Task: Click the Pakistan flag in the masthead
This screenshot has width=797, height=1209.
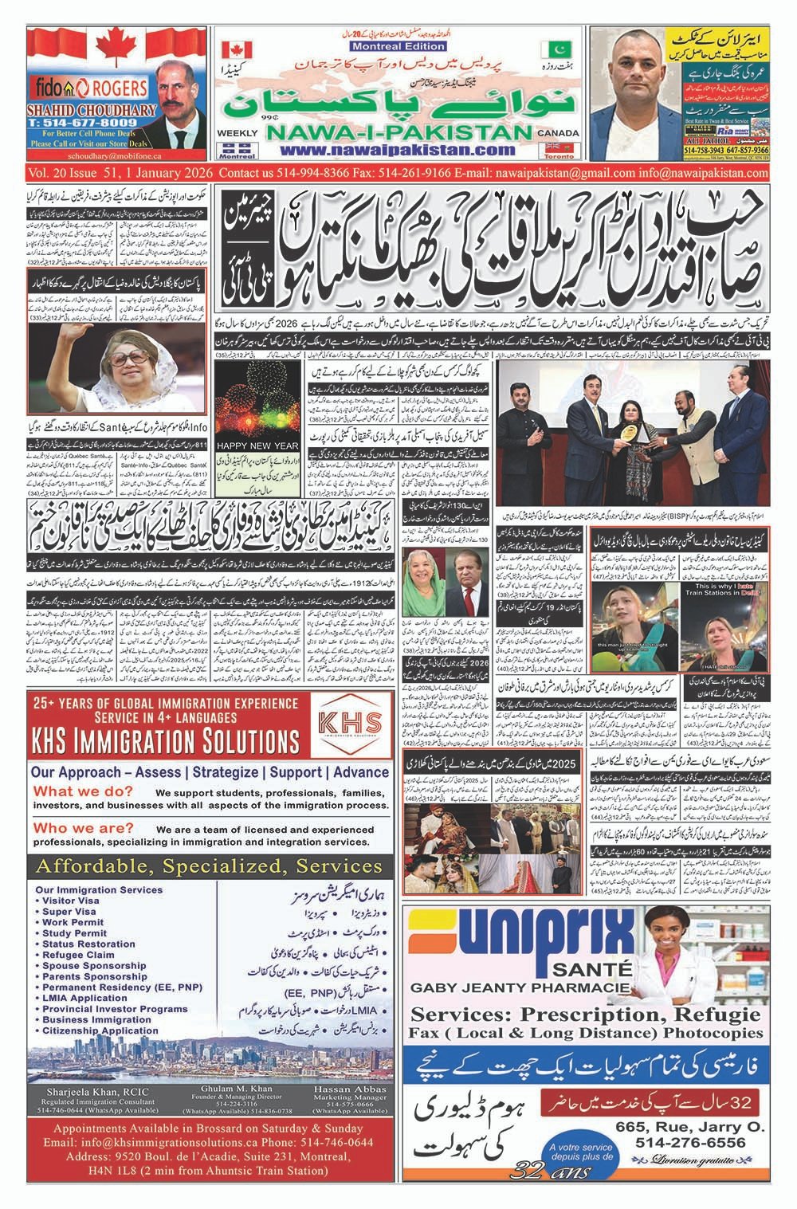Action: (551, 49)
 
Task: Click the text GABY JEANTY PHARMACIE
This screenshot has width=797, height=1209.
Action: (508, 988)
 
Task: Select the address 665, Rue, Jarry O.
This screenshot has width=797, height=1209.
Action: (689, 1126)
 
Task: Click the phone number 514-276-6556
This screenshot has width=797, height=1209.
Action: (691, 1142)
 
